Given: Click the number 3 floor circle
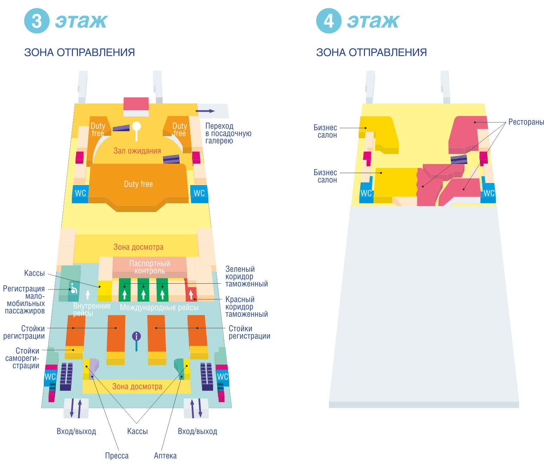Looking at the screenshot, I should click(37, 21).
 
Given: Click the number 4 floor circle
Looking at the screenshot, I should click(329, 21).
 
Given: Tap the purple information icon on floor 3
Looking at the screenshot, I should click(137, 336).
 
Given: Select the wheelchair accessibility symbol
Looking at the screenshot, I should click(74, 289).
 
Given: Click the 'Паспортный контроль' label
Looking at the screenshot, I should click(150, 267).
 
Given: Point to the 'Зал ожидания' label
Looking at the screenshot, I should click(137, 151).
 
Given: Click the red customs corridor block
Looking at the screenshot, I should click(191, 294).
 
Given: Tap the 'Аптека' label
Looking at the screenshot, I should click(165, 456).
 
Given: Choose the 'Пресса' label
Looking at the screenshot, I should click(117, 456).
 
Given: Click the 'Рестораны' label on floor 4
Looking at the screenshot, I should click(526, 122).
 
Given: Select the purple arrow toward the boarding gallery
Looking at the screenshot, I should click(205, 111).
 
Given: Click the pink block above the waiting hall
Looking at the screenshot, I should click(136, 104).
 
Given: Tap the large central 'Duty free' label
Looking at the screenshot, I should click(138, 184).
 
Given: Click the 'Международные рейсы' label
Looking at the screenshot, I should click(159, 308).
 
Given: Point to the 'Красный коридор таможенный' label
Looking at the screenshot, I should click(246, 307).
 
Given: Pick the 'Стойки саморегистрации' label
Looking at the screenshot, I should click(23, 358).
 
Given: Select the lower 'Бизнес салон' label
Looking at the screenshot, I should click(325, 176).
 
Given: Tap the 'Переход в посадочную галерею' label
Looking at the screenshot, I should click(228, 133).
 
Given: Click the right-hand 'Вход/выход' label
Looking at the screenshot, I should click(197, 432).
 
